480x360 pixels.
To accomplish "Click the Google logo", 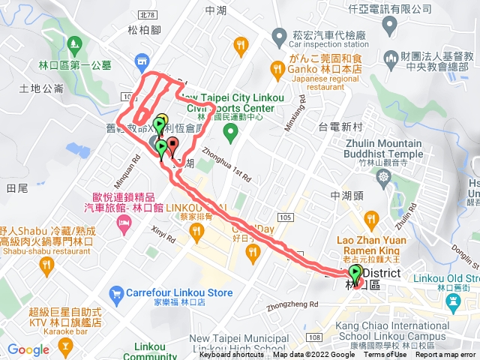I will [28, 349].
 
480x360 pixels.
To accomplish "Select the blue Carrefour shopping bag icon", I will [116, 292].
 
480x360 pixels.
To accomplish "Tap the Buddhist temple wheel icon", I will [384, 176].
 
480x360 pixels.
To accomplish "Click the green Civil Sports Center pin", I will [231, 132].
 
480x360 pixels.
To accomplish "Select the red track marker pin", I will [172, 145].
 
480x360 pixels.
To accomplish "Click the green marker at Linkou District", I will [355, 274].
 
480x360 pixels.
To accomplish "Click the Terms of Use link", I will [385, 355].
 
